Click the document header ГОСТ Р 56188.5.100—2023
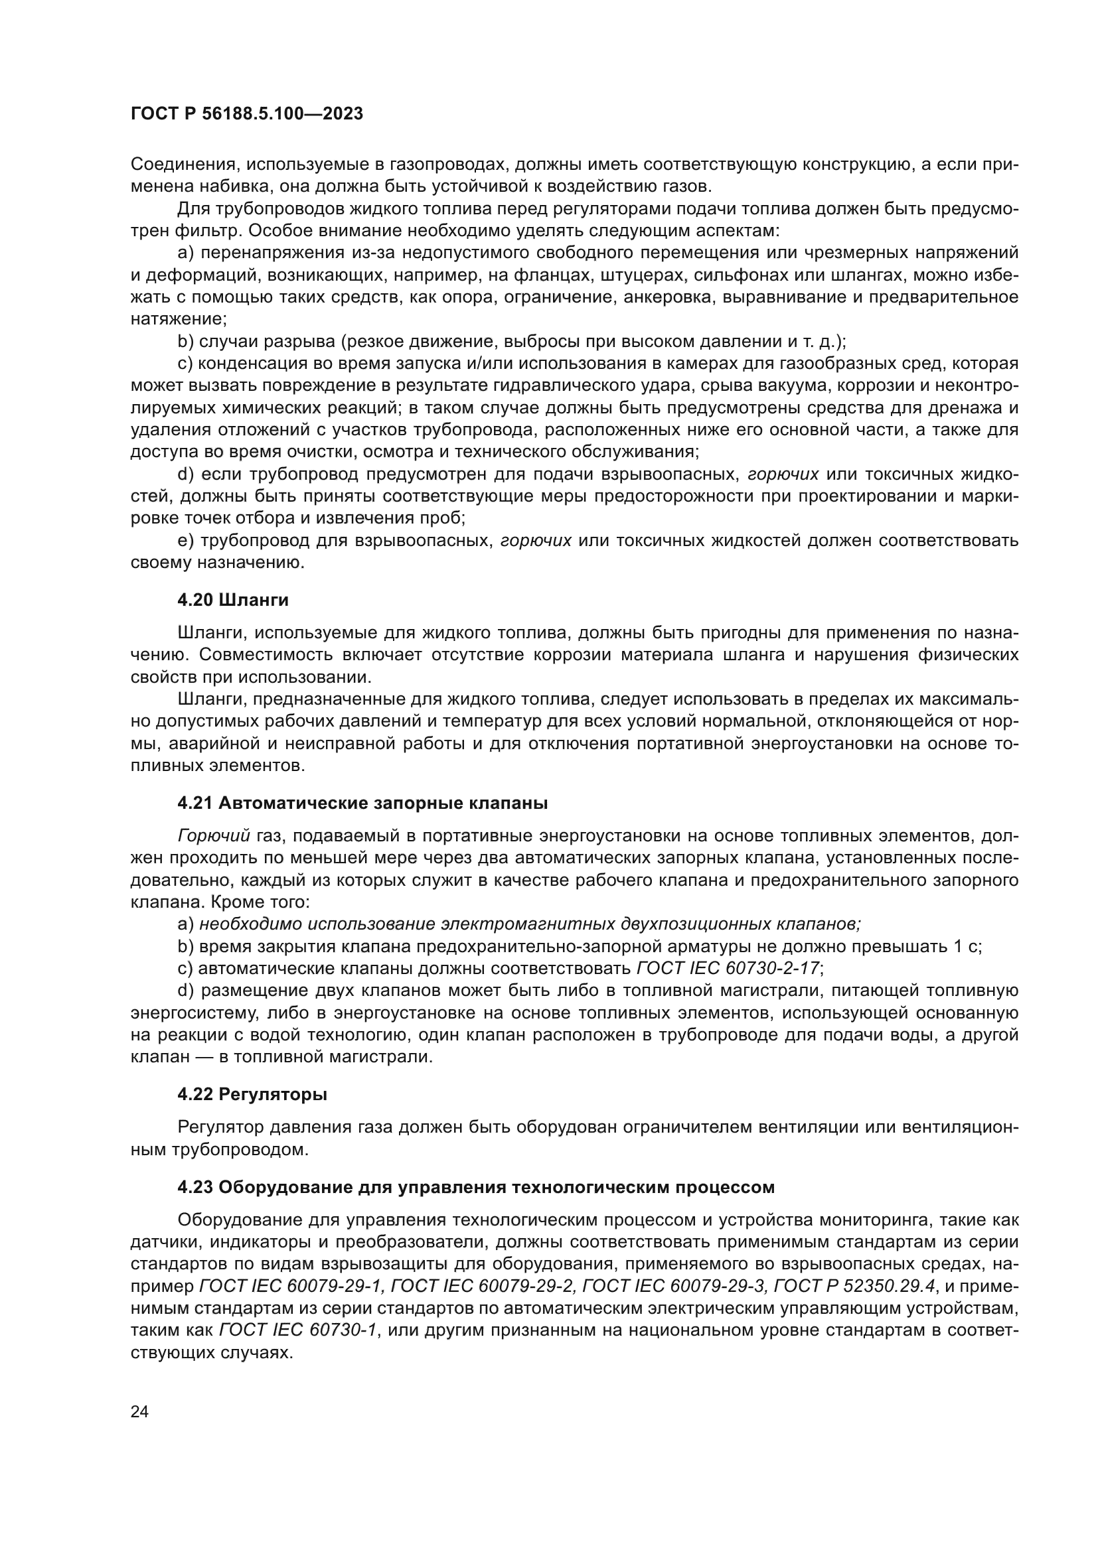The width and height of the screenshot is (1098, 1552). [246, 114]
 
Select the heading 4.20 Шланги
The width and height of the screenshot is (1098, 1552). [232, 600]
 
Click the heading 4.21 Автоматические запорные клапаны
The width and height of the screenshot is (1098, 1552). [362, 803]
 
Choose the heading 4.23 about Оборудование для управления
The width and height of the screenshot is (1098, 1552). [475, 1187]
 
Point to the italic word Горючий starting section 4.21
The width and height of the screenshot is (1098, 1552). [214, 836]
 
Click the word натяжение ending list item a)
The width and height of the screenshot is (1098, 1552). [179, 319]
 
